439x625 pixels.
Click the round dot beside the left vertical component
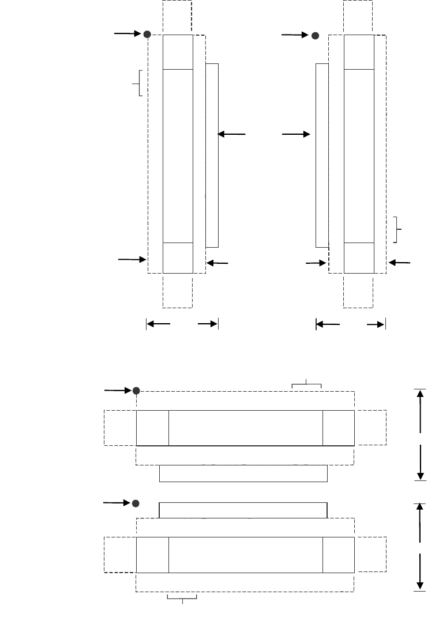(147, 35)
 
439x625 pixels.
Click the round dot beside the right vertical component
(315, 36)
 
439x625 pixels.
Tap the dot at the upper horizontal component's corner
(136, 391)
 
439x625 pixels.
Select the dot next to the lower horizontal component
(136, 503)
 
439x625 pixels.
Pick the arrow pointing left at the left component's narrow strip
(231, 134)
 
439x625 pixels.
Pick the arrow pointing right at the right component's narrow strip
(295, 134)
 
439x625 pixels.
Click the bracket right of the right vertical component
(397, 229)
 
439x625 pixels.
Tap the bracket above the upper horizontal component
(306, 384)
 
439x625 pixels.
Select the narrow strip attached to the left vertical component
(212, 155)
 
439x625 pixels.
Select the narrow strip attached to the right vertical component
(322, 155)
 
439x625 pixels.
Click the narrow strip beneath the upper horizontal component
(243, 474)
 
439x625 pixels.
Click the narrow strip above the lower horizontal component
(243, 510)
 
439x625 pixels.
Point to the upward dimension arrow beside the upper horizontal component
(421, 410)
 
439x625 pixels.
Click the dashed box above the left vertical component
(177, 17)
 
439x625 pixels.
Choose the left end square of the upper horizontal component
(152, 428)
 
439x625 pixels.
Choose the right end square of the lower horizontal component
(338, 555)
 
